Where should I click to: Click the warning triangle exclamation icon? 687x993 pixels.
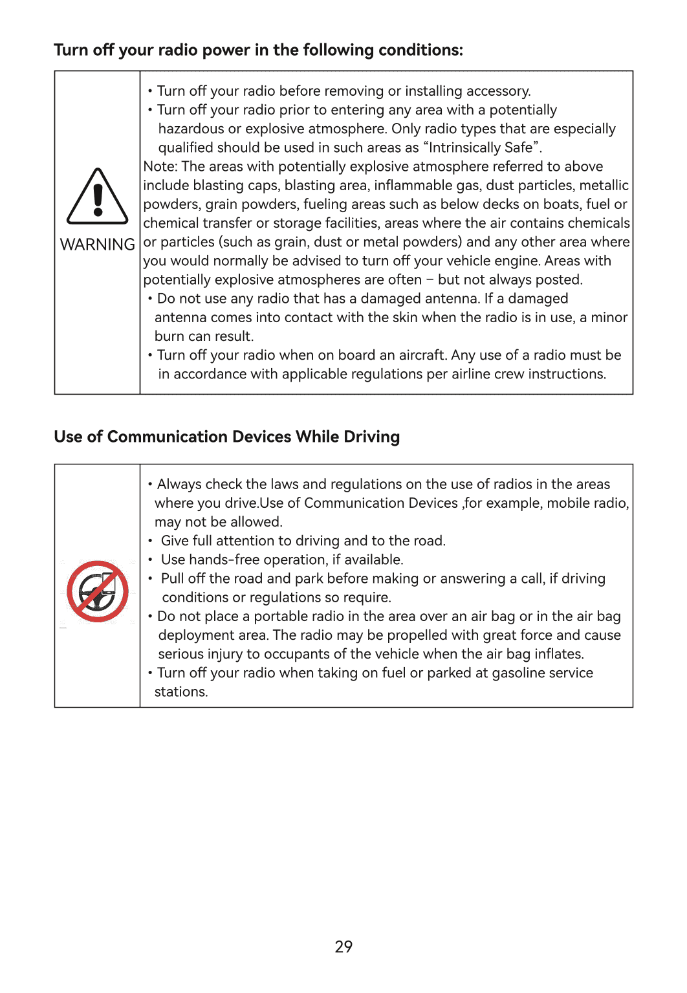pos(98,197)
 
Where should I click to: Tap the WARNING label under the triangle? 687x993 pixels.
pos(98,245)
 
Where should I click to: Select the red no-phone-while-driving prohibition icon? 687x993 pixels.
pos(98,591)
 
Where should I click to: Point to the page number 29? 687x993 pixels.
pos(343,946)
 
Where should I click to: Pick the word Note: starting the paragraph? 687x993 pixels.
pos(160,167)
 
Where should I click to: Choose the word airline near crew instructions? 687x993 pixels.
pos(472,374)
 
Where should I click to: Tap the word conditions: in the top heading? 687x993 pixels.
pos(420,50)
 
